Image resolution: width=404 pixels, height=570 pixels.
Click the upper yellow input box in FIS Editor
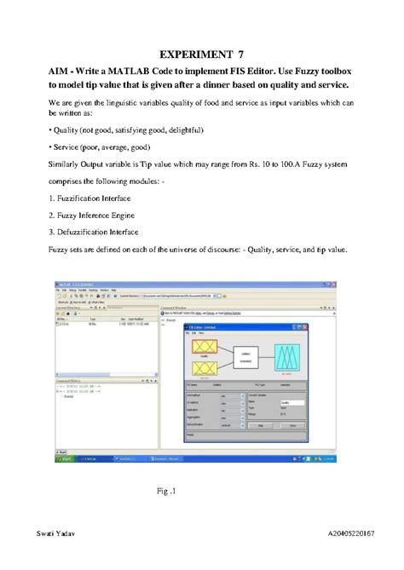click(x=204, y=347)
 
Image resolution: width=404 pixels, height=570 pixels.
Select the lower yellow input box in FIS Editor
click(x=204, y=367)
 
